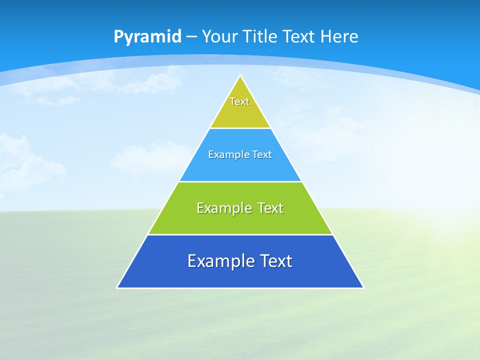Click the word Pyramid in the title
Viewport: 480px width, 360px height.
[x=147, y=37]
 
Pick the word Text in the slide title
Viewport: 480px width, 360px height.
[x=299, y=36]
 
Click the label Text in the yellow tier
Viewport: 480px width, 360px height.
[x=239, y=101]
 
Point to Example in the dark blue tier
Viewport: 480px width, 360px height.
[x=218, y=261]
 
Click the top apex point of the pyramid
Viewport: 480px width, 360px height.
[x=240, y=76]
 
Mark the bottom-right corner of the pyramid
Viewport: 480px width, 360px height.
[x=363, y=287]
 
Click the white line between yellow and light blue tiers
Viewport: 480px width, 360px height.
[x=240, y=128]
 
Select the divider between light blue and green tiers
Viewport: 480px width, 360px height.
[x=240, y=181]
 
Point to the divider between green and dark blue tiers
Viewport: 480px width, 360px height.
[x=240, y=234]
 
